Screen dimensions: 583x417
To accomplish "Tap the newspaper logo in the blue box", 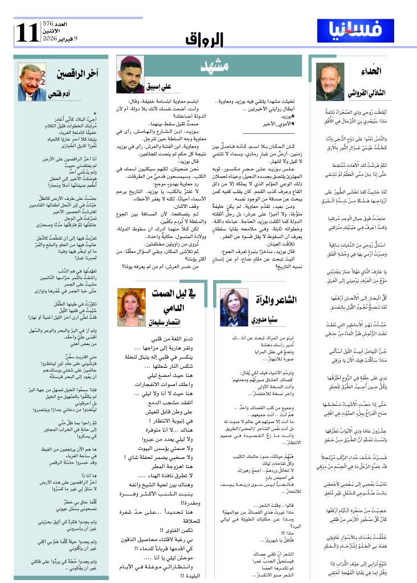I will click(x=355, y=31).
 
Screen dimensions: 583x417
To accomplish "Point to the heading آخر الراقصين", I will click(x=74, y=73).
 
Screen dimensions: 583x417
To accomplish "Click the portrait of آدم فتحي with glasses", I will click(x=32, y=80).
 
